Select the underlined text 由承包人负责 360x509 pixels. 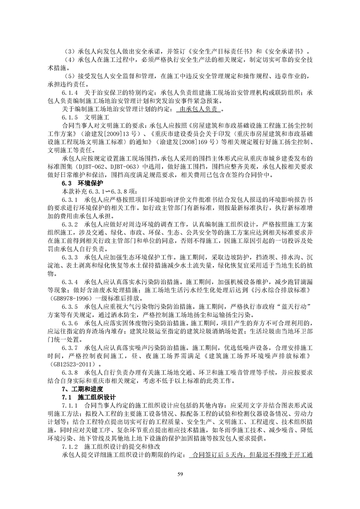200,109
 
